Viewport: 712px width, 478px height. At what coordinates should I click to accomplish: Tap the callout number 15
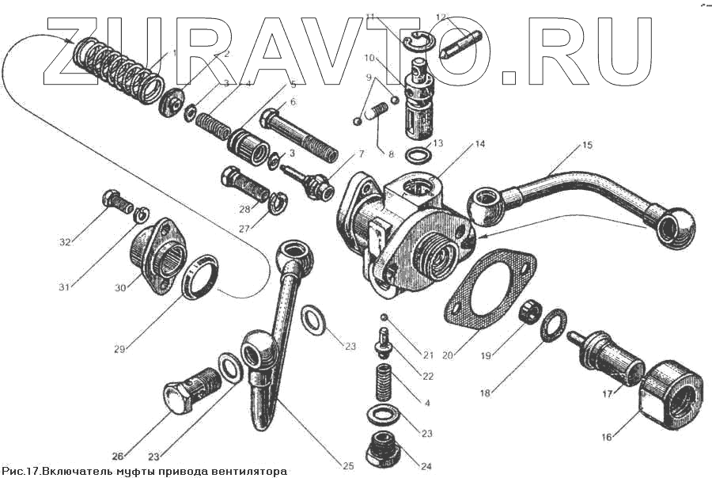(587, 146)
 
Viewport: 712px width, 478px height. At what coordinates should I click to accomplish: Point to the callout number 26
(118, 456)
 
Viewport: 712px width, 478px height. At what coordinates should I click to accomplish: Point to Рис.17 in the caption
(20, 471)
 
